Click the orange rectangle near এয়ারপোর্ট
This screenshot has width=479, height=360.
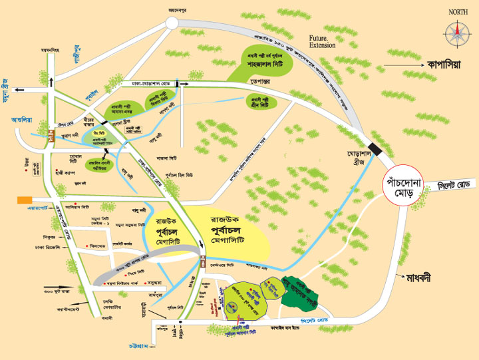(25, 199)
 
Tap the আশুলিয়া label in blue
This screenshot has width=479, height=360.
(22, 120)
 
